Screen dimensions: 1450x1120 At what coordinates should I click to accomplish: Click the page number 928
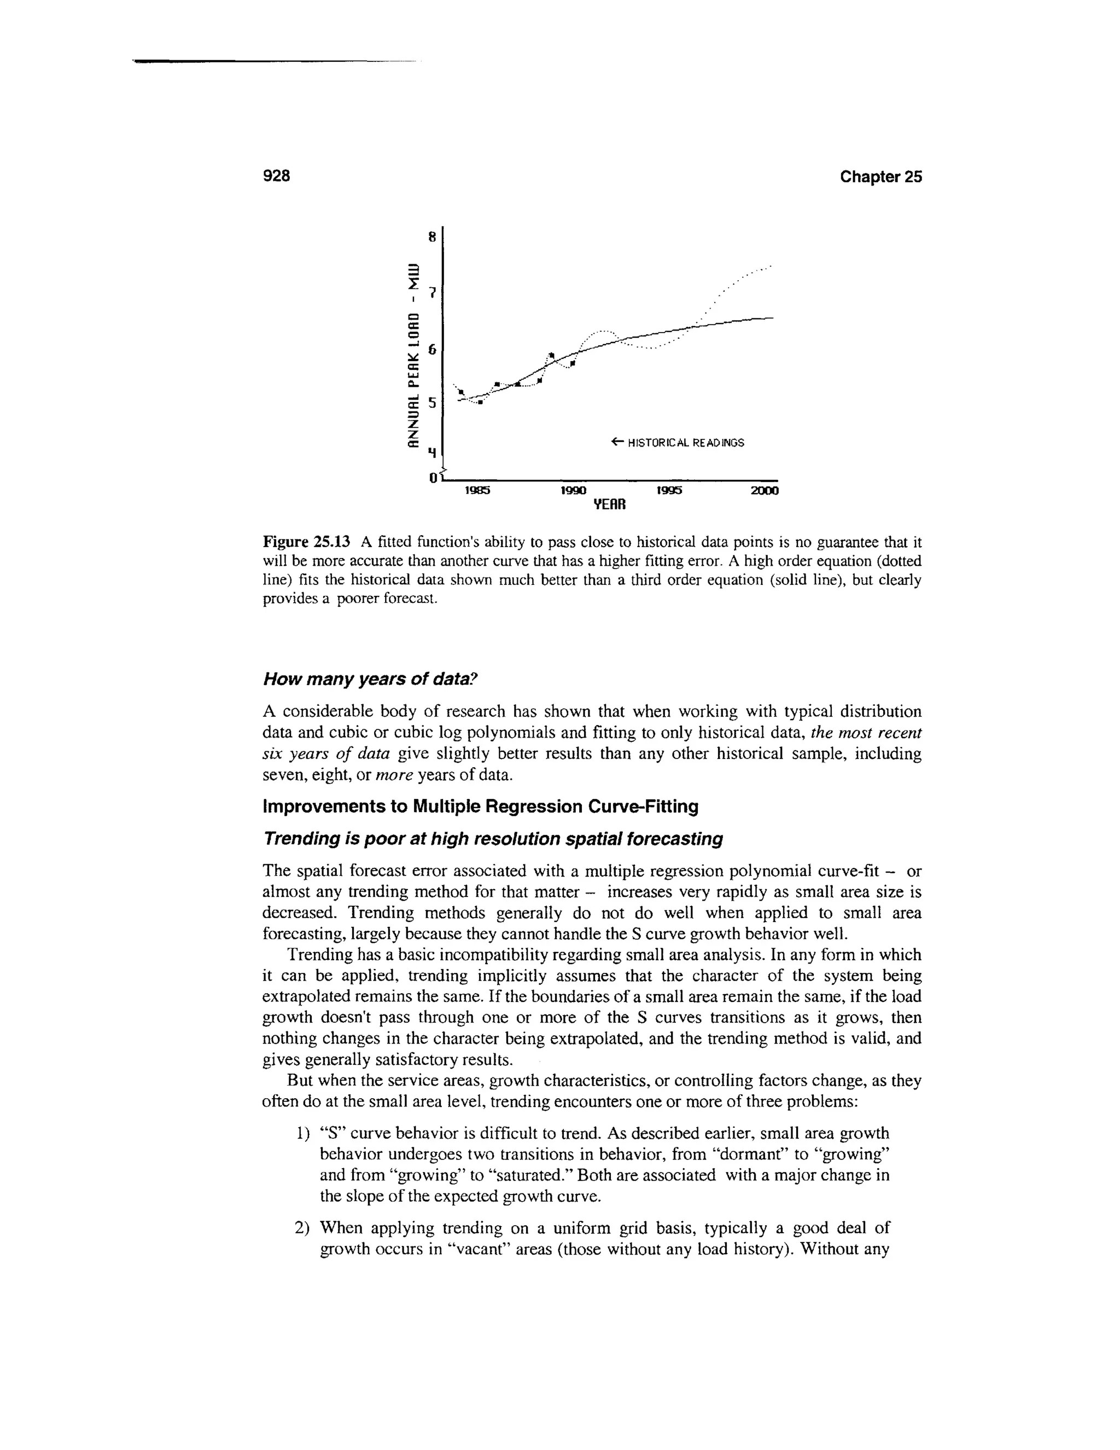[x=277, y=176]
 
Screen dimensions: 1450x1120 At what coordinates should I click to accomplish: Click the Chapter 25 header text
[x=880, y=177]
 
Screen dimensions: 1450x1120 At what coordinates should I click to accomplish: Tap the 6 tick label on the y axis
[x=432, y=349]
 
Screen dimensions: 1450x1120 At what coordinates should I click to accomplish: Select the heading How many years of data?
[x=370, y=679]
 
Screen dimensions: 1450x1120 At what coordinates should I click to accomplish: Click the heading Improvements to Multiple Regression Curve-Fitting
[x=481, y=807]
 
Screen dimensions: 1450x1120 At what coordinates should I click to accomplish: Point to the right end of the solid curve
[x=772, y=318]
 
